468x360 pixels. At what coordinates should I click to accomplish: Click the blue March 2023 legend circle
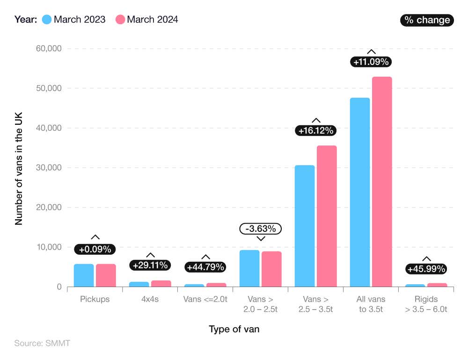(x=47, y=20)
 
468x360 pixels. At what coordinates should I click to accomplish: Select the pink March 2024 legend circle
(x=120, y=20)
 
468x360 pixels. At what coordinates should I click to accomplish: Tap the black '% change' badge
(x=427, y=20)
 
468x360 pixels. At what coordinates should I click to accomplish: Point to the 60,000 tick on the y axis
(x=50, y=49)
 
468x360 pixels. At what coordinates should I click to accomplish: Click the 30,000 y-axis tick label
(x=50, y=168)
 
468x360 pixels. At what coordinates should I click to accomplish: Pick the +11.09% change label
(x=371, y=61)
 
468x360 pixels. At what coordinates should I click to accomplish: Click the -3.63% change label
(x=261, y=229)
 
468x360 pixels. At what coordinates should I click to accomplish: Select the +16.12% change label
(x=316, y=130)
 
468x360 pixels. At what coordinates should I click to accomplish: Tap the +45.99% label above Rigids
(x=426, y=269)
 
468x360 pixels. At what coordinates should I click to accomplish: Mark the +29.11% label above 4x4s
(x=150, y=265)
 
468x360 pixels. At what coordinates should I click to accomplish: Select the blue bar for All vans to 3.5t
(x=359, y=192)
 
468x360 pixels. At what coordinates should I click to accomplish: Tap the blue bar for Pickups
(x=84, y=275)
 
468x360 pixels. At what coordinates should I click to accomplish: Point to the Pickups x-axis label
(x=95, y=299)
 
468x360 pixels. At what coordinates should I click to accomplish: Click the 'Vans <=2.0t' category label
(x=205, y=299)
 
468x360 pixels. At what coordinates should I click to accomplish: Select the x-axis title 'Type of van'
(x=234, y=329)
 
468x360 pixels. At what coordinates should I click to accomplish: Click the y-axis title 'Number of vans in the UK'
(x=19, y=168)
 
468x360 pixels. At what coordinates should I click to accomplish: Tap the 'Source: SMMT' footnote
(x=42, y=344)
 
